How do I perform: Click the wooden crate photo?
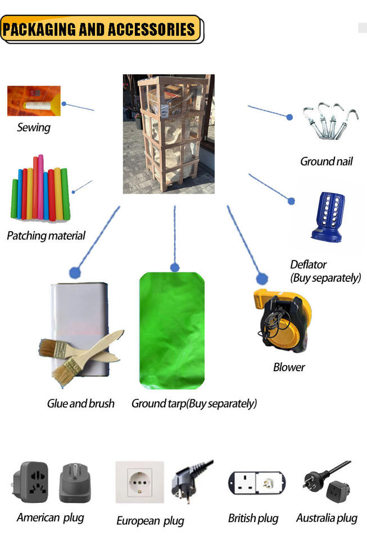click(169, 134)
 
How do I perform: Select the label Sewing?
click(34, 128)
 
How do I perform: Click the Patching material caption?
click(46, 236)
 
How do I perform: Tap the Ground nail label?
click(327, 161)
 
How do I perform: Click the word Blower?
click(289, 367)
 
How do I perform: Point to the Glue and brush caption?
click(81, 403)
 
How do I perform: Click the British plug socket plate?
click(256, 483)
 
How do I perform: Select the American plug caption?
click(51, 517)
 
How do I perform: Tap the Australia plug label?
click(327, 518)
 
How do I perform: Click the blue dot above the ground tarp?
click(175, 267)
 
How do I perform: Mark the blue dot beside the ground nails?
click(289, 117)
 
